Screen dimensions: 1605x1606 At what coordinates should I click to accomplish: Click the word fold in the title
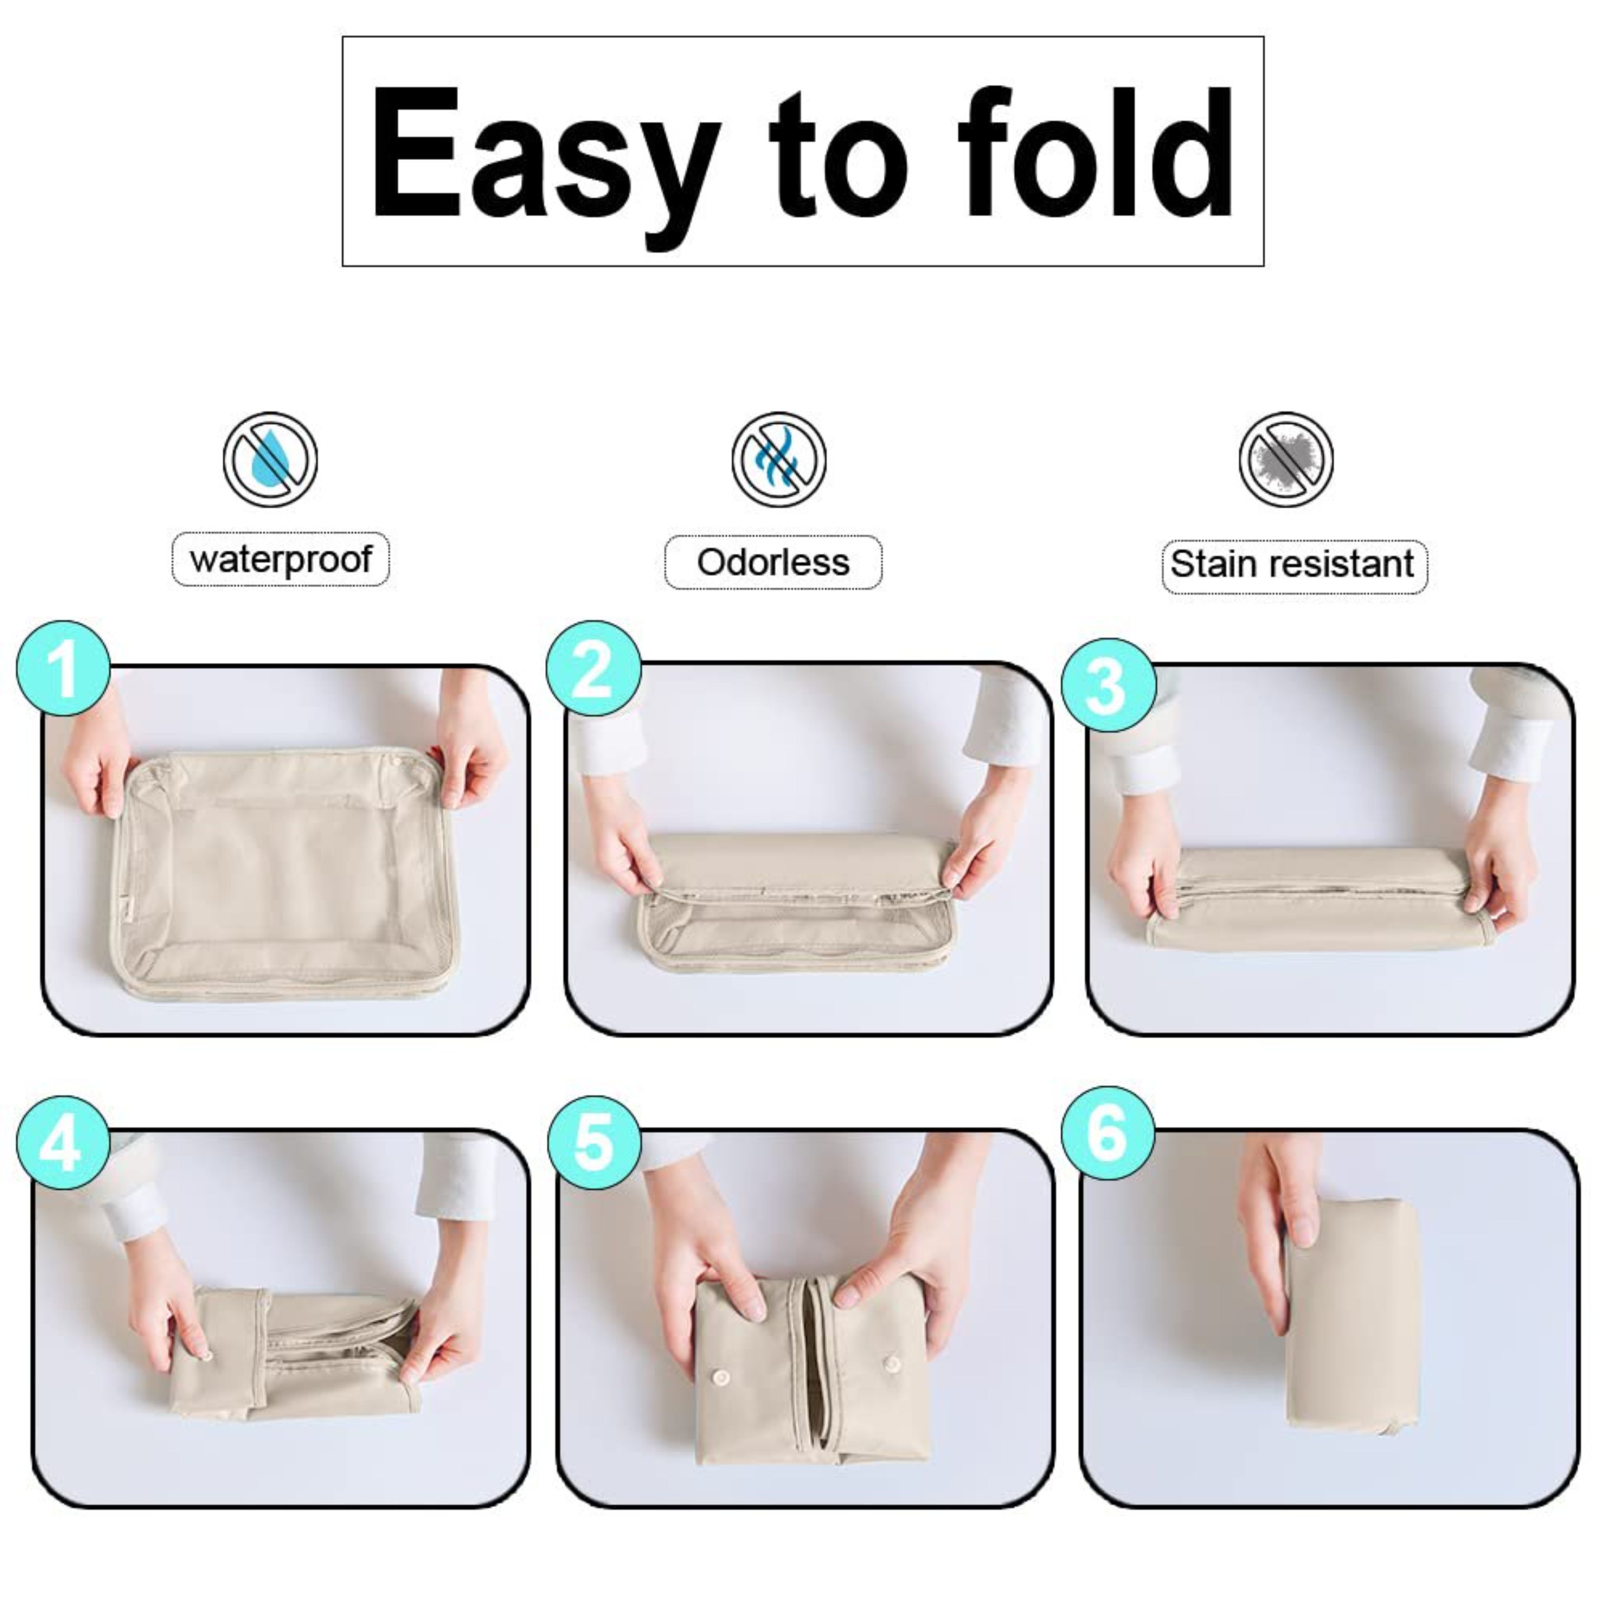1095,151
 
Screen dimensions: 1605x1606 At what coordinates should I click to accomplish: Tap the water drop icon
270,460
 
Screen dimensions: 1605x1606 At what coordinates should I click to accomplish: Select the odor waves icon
779,460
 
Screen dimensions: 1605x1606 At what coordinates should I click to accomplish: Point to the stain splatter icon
1286,460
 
